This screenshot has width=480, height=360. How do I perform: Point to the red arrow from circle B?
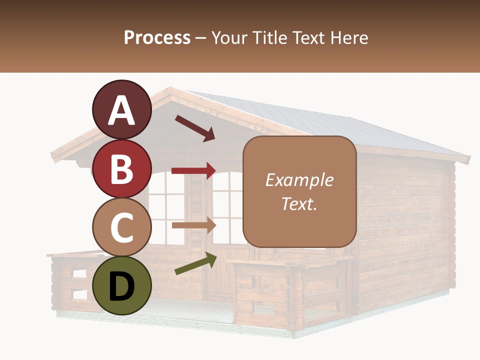click(x=193, y=170)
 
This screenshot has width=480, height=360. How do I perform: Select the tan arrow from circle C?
click(x=193, y=225)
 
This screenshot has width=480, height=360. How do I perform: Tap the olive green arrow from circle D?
click(x=195, y=264)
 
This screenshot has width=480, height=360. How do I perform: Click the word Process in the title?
click(x=157, y=37)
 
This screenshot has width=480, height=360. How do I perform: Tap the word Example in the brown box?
click(x=299, y=180)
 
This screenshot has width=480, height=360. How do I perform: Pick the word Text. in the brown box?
click(x=299, y=203)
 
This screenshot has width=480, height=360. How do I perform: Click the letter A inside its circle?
click(x=121, y=111)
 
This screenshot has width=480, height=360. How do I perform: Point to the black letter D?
click(x=121, y=286)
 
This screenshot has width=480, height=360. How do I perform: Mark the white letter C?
click(x=121, y=228)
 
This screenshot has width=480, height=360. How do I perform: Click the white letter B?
click(x=121, y=169)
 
